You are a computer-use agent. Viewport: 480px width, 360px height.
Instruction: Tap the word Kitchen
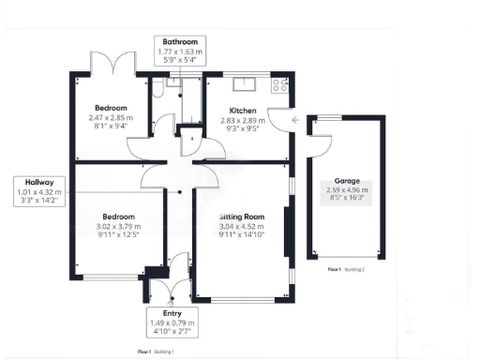[230, 111]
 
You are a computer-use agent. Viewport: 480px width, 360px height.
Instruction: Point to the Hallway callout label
[39, 193]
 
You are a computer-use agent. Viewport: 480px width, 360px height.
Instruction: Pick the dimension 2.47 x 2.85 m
[109, 118]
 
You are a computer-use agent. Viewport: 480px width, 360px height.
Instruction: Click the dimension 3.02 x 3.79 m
[119, 226]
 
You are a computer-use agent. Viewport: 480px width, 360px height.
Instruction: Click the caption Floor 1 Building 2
[346, 269]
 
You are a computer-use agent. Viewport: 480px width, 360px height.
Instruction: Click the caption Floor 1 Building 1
[156, 352]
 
